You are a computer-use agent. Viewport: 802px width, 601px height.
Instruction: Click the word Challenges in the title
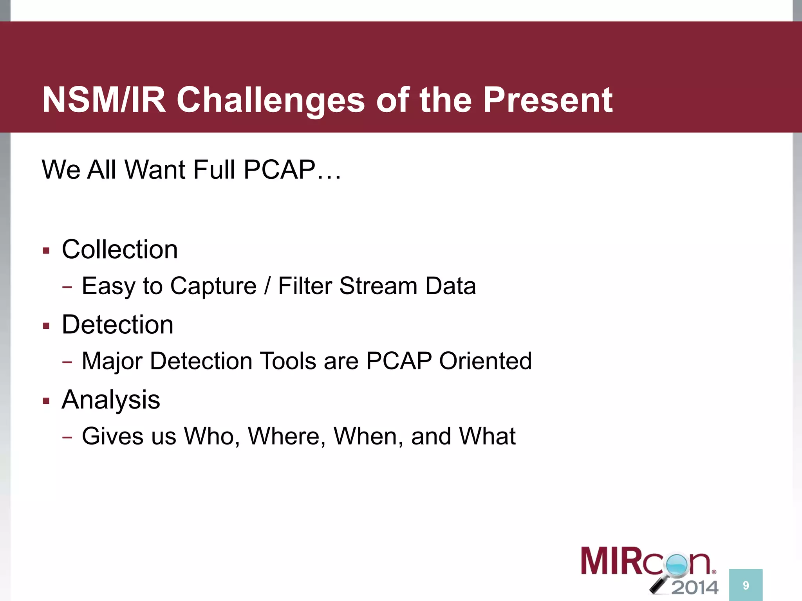coord(270,101)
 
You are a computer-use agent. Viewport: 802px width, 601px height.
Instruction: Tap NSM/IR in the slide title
coord(104,101)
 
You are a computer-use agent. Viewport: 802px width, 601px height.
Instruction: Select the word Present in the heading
coord(547,101)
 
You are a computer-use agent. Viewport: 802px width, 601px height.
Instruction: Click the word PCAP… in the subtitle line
coord(292,170)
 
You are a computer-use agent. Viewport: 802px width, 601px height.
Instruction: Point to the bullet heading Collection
coord(119,249)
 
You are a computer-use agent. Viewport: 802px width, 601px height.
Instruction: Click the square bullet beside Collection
coord(47,251)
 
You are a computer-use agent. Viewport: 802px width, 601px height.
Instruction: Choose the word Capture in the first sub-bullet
coord(213,286)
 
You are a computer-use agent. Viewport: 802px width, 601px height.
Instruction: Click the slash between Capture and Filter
coord(267,286)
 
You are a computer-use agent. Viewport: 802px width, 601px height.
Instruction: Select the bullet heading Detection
coord(117,324)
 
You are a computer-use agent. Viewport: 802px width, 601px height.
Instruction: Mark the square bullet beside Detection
coord(47,326)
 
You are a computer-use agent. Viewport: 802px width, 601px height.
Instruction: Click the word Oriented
coord(485,361)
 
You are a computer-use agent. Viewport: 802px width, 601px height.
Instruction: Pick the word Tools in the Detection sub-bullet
coord(288,361)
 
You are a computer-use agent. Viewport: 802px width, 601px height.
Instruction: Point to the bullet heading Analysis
coord(111,400)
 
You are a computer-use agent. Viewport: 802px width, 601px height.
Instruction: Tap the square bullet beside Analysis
coord(47,401)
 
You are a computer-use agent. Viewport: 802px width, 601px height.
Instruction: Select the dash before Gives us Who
coord(67,437)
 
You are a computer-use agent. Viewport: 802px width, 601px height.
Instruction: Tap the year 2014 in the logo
coord(695,587)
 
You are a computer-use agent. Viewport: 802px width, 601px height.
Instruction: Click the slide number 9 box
coord(746,585)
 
